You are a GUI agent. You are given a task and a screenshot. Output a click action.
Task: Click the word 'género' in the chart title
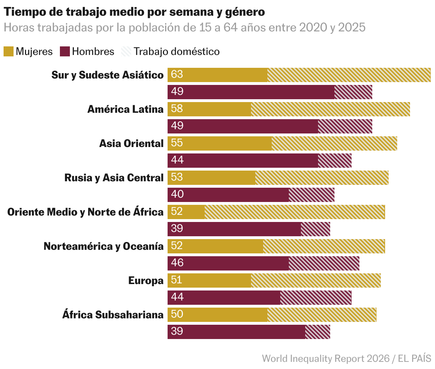click(245, 12)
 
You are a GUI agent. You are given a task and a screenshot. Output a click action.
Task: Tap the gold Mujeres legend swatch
click(9, 51)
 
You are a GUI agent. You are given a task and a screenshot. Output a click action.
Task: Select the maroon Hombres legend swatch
click(65, 51)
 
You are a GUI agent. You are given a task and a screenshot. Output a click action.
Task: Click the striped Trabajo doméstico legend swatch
click(126, 51)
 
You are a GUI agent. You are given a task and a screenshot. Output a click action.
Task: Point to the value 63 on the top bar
click(177, 74)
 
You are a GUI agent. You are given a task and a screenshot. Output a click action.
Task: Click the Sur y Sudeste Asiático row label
click(107, 75)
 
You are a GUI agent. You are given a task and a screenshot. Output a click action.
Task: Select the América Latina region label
click(125, 109)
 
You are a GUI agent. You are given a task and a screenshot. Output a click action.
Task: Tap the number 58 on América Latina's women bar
click(177, 108)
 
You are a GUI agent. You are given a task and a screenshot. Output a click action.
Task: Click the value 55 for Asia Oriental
click(177, 143)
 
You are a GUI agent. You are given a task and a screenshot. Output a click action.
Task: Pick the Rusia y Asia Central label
click(114, 178)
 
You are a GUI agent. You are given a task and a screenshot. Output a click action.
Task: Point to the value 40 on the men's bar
click(177, 194)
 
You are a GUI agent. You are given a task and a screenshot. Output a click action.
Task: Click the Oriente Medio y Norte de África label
click(85, 212)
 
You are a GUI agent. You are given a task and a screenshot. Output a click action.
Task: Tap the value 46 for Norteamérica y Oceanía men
click(177, 263)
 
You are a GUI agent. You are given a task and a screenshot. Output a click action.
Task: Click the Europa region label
click(145, 280)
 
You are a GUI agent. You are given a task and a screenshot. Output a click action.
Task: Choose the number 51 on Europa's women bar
click(177, 280)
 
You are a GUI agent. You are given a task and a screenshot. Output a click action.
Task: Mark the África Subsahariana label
click(113, 315)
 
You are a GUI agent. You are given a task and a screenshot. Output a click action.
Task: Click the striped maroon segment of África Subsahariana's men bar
click(317, 332)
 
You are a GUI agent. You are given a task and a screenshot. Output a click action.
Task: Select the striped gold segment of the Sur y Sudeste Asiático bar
click(349, 75)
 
